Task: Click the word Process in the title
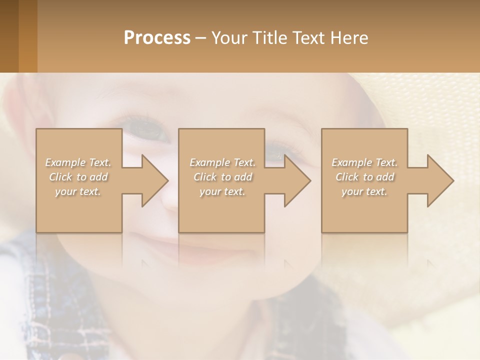pos(157,38)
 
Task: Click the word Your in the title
pos(228,38)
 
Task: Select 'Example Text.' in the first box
pos(78,162)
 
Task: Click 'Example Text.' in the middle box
pos(222,162)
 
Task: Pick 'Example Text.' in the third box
pos(364,162)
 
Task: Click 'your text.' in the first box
pos(78,191)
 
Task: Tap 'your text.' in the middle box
pos(222,191)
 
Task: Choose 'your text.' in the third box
pos(364,191)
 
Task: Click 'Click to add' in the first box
pos(78,177)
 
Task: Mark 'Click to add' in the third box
pos(364,177)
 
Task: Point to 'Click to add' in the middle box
pos(222,177)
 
